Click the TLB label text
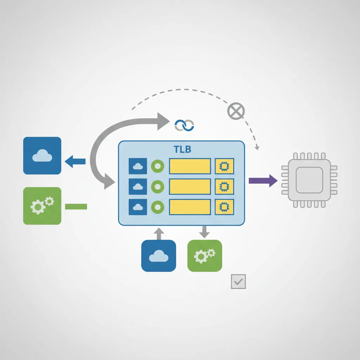coord(182,149)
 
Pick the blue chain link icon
coord(184,125)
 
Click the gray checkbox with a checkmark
coord(238,282)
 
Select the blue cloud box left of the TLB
coord(42,155)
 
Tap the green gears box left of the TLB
coord(42,206)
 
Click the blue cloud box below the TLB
coord(159,256)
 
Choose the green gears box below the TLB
coord(205,256)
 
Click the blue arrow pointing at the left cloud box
coord(75,162)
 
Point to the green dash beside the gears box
coord(76,206)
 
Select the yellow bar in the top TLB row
coord(190,166)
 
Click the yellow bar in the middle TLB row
coord(190,186)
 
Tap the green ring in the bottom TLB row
coord(157,207)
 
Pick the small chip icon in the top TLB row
coord(224,166)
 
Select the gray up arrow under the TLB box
coord(159,233)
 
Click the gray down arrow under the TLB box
coord(204,232)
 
